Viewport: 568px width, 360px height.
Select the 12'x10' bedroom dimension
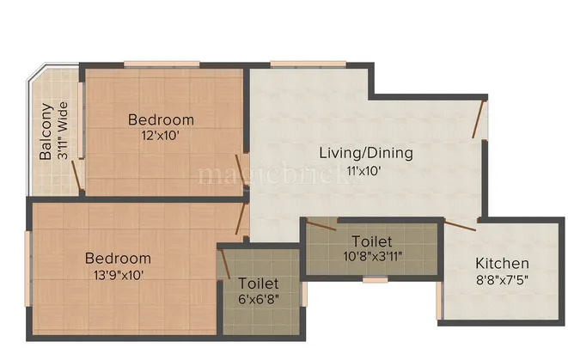(x=161, y=135)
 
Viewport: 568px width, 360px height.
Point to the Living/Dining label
(x=366, y=153)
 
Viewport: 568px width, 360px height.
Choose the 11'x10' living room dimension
(x=364, y=170)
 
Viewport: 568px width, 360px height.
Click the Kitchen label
(x=503, y=263)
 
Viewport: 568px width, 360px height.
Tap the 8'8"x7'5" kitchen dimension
(x=503, y=279)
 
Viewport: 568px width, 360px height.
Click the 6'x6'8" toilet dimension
(x=259, y=299)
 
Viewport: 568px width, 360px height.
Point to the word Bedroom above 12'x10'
(x=161, y=119)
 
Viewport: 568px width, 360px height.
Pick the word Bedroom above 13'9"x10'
(x=118, y=258)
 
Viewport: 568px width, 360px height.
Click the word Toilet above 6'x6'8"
(x=259, y=283)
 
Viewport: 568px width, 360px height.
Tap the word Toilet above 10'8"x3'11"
(x=371, y=241)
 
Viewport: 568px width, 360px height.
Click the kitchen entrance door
(x=460, y=225)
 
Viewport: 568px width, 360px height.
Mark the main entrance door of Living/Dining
(x=479, y=118)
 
